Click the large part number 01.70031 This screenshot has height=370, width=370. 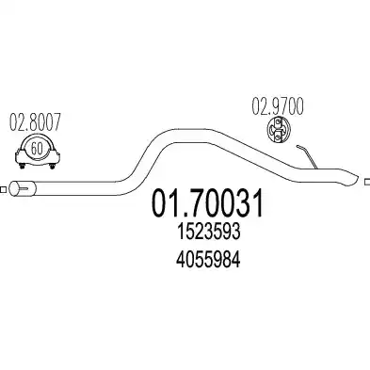[207, 203]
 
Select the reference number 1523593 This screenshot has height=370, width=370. [208, 233]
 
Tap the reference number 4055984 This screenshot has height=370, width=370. [208, 260]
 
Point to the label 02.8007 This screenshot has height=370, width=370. [35, 121]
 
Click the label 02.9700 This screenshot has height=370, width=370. [278, 106]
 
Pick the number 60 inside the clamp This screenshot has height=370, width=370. [37, 149]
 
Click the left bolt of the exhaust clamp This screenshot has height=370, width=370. [22, 166]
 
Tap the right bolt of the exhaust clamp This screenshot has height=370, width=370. [53, 166]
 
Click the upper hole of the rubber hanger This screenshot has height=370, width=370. [279, 122]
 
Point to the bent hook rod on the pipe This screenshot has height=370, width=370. [307, 156]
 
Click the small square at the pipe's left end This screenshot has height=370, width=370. [4, 189]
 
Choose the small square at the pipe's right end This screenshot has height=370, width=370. [367, 182]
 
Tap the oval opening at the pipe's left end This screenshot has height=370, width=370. [14, 188]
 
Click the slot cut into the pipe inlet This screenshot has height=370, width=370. [26, 188]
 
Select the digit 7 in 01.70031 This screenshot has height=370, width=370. [188, 203]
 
